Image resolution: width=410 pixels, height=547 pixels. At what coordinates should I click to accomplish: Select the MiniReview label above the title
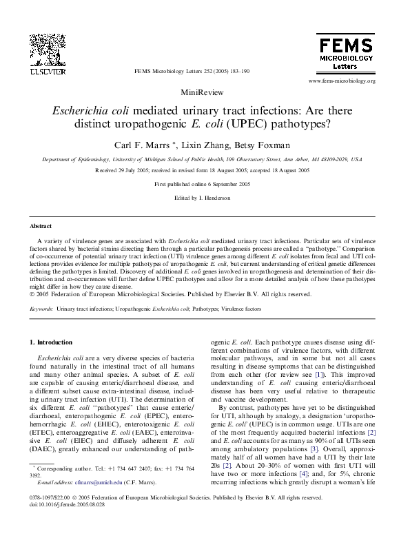point(204,92)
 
